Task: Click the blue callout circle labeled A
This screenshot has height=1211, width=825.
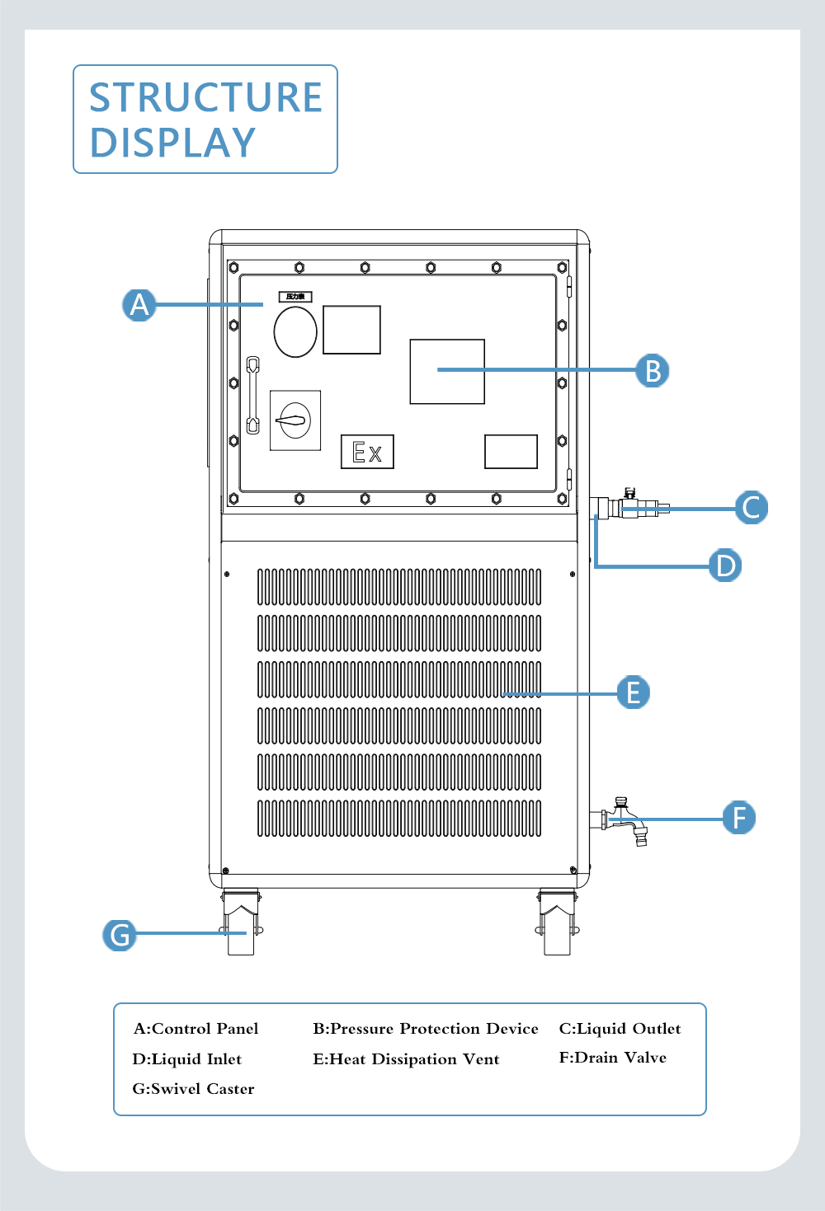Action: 139,304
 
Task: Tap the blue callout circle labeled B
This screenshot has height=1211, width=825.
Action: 652,370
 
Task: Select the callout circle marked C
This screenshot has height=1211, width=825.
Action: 751,507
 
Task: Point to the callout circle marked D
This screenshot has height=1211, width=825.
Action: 725,566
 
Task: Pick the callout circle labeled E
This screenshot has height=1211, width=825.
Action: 633,692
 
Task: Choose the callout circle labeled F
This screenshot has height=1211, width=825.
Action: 738,818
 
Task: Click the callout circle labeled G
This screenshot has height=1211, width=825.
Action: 120,935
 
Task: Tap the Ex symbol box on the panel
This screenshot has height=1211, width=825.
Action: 367,452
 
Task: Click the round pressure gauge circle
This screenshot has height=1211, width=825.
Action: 295,331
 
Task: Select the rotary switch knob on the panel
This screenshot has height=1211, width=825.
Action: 295,420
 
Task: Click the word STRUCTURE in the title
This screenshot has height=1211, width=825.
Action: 205,97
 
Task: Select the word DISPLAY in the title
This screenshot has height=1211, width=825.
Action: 172,143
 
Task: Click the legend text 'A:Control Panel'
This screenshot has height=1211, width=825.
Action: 196,1028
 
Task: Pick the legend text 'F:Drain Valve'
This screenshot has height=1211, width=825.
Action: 612,1058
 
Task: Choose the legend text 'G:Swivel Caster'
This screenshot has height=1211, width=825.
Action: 193,1088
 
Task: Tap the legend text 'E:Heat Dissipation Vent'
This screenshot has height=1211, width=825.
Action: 406,1059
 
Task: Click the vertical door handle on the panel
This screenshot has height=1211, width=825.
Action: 253,395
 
